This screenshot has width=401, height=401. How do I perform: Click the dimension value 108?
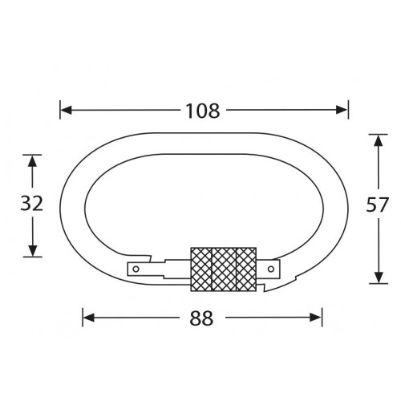tap(204, 110)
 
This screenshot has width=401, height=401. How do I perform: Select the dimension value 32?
tap(30, 204)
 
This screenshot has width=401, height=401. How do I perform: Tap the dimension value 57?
tap(376, 205)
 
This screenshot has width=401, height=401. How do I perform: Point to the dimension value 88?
tap(204, 318)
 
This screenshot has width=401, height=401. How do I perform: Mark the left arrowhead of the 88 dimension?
tap(89, 318)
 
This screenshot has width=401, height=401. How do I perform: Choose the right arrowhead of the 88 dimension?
tap(319, 318)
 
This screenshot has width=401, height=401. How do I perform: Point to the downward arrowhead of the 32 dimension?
tap(31, 251)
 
